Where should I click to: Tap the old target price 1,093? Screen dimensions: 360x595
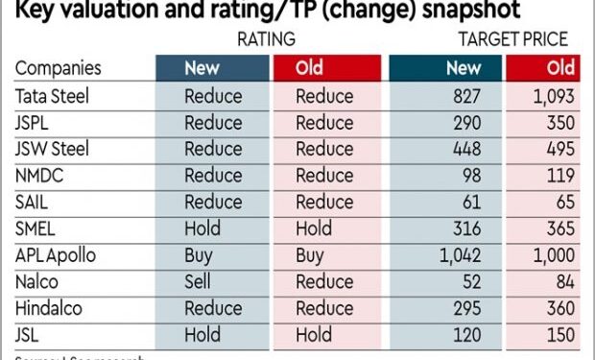click(553, 97)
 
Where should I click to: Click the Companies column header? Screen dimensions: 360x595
click(58, 69)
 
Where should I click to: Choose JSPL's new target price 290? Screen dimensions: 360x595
click(464, 124)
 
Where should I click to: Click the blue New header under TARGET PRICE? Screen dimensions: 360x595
click(464, 68)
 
